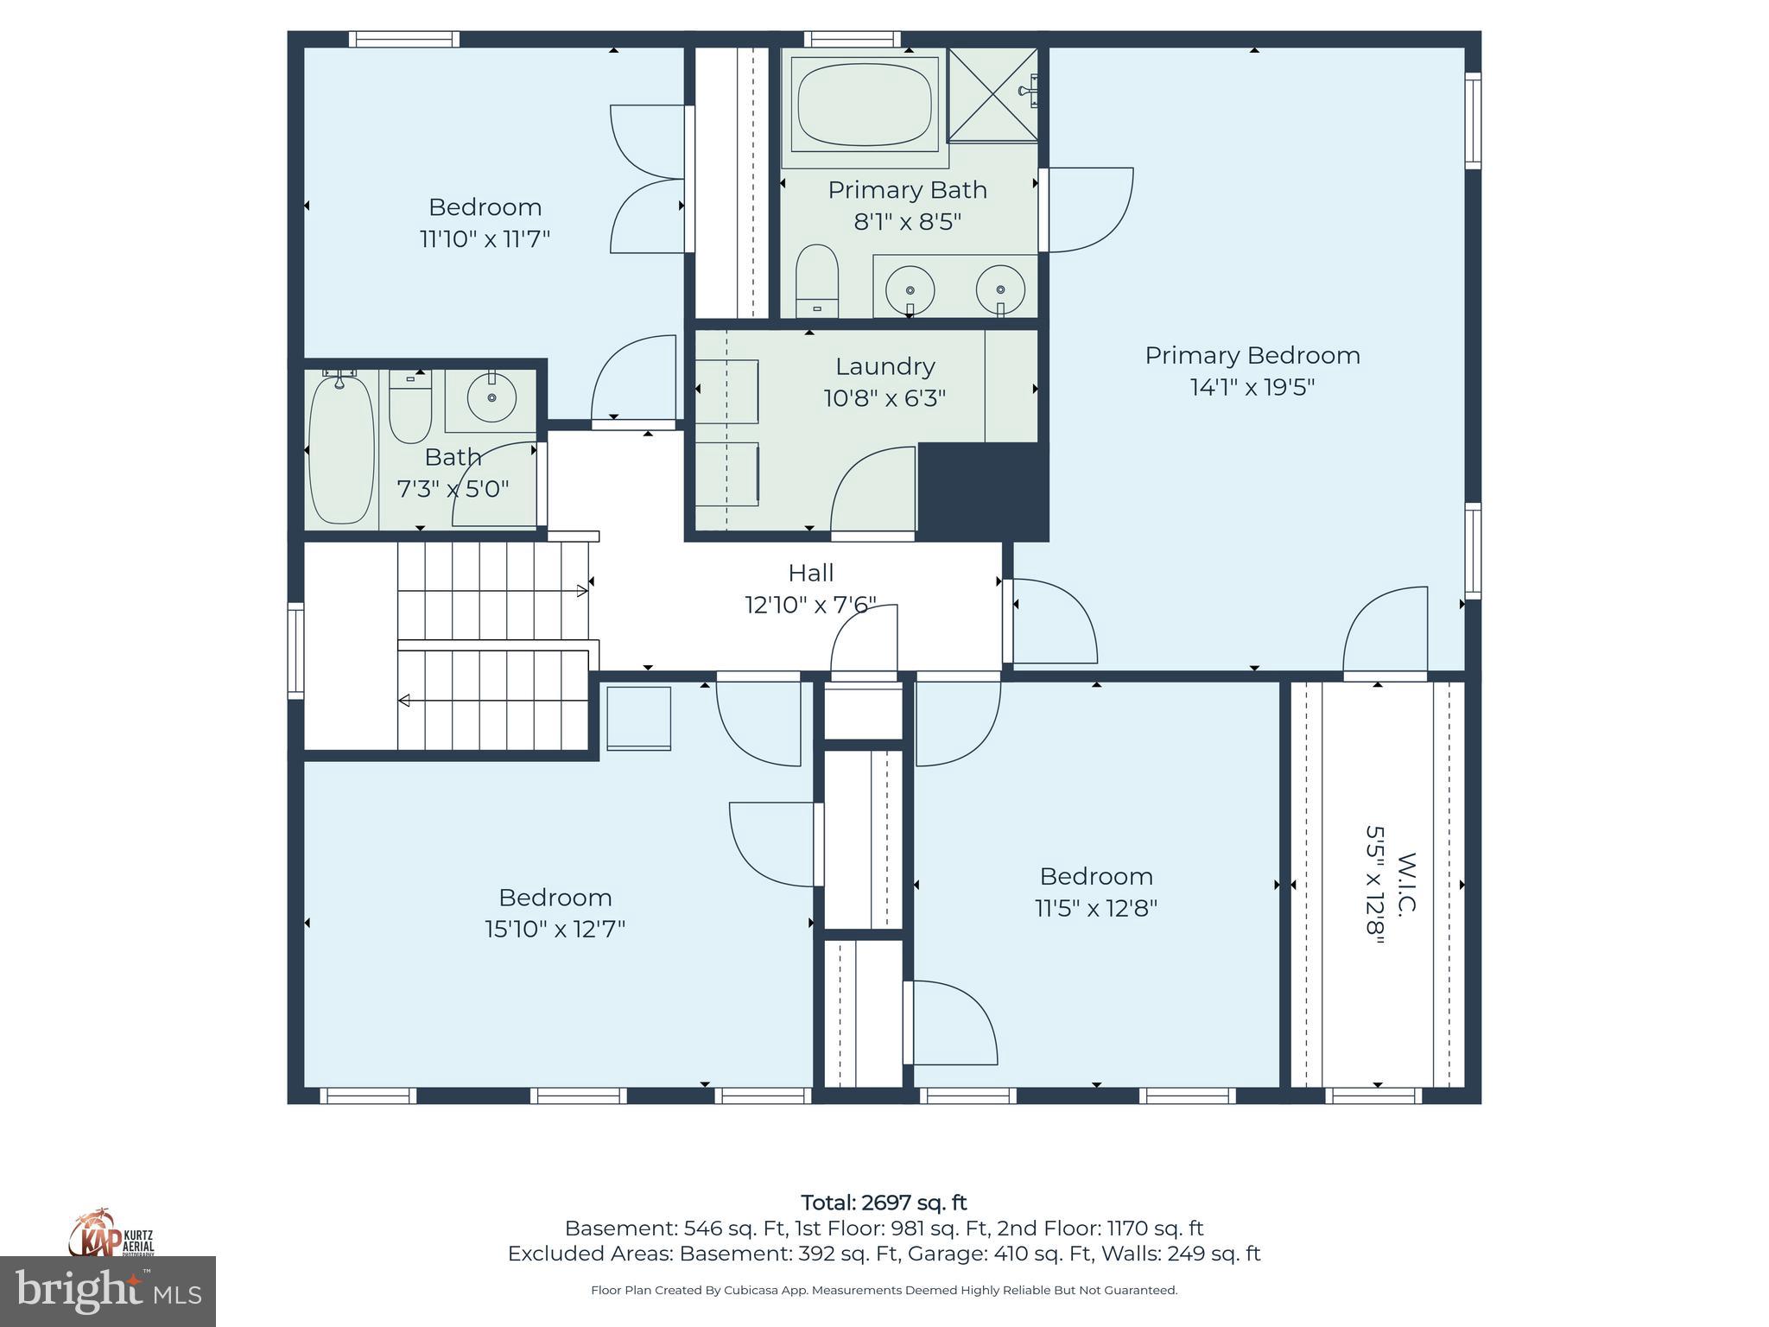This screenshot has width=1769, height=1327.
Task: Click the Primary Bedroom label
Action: pyautogui.click(x=1252, y=355)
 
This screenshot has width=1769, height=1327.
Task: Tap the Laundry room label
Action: pyautogui.click(x=884, y=366)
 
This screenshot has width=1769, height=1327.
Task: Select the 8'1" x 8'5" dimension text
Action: pyautogui.click(x=907, y=222)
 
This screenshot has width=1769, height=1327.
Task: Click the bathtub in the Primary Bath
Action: pyautogui.click(x=865, y=105)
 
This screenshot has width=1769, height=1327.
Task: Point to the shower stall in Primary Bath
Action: pyautogui.click(x=992, y=94)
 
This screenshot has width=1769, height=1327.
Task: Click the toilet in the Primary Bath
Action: pyautogui.click(x=816, y=281)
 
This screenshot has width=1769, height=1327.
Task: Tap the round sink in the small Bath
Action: pyautogui.click(x=491, y=398)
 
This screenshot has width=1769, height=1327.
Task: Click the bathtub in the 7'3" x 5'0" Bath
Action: pyautogui.click(x=341, y=449)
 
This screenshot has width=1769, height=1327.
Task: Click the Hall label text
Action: pyautogui.click(x=810, y=573)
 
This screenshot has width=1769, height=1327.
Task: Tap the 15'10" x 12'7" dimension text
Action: pyautogui.click(x=555, y=929)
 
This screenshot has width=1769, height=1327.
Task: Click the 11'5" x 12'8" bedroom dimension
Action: pyautogui.click(x=1095, y=908)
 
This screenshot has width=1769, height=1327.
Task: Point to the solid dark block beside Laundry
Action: pyautogui.click(x=982, y=490)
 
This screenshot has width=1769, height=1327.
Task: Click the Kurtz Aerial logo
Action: pyautogui.click(x=111, y=1233)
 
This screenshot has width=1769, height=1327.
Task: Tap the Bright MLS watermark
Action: pyautogui.click(x=107, y=1291)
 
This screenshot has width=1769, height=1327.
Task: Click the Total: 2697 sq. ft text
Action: pyautogui.click(x=884, y=1203)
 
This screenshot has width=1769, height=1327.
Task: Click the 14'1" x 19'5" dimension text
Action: pyautogui.click(x=1252, y=387)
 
